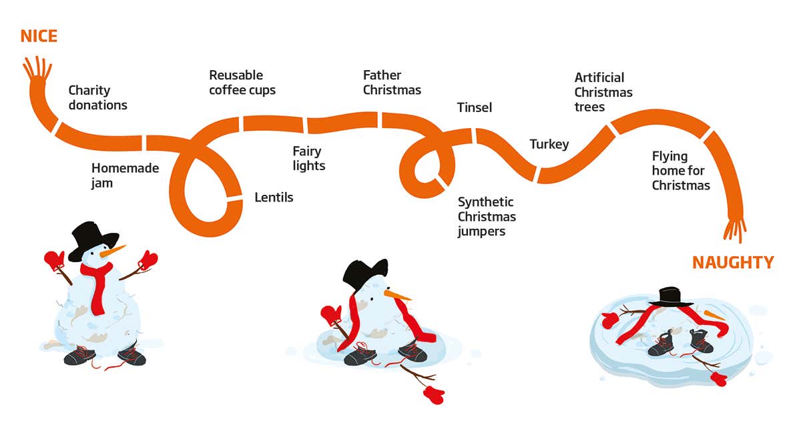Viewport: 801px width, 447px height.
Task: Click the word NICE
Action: coord(39,36)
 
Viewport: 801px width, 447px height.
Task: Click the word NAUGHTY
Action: coord(733,263)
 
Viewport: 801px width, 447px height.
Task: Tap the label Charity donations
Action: coord(97,97)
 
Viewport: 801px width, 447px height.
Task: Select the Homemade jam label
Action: coord(125,175)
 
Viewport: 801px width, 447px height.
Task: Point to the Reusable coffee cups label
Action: coord(242,83)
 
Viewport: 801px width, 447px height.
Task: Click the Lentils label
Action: coord(274,197)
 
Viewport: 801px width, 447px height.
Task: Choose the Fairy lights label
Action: coord(308,159)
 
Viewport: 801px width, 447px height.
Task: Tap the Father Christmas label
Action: coord(392,83)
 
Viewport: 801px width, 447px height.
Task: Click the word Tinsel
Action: coord(474,107)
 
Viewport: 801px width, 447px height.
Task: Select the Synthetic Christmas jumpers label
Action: coord(487,217)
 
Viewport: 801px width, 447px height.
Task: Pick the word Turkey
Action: coord(549,144)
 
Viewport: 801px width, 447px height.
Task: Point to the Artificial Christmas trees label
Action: coord(603,92)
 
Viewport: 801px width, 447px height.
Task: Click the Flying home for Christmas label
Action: coord(681,171)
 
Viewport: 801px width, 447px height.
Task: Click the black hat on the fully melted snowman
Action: coord(670,297)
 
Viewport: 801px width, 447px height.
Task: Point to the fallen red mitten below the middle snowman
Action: coord(435,395)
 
